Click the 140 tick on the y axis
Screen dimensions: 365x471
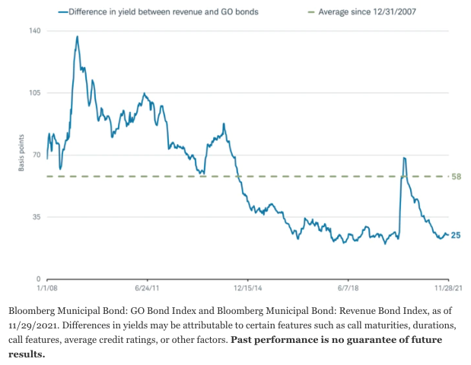[x=34, y=30]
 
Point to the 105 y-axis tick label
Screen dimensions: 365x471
[x=34, y=93]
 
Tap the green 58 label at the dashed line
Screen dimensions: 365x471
[x=457, y=177]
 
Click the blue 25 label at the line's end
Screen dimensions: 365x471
[x=456, y=235]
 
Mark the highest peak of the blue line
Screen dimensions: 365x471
[x=77, y=36]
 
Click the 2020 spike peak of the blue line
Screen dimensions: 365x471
[x=404, y=158]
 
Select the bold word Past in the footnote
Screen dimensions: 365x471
[x=246, y=340]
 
